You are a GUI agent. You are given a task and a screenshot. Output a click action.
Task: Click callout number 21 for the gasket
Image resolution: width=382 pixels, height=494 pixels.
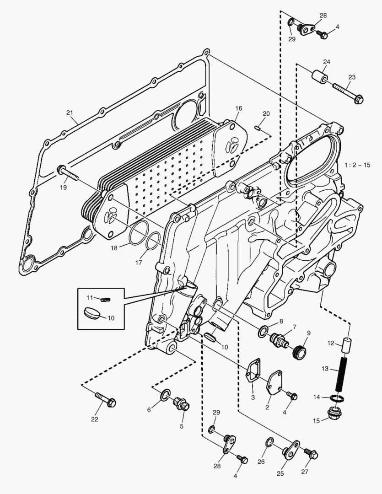click(70, 113)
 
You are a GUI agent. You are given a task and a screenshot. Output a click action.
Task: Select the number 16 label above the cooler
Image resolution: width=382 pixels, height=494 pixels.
click(238, 108)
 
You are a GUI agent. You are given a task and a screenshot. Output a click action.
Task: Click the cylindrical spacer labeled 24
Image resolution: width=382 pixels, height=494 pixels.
click(319, 75)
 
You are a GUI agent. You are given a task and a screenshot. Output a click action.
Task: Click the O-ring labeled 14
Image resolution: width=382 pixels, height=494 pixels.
click(337, 398)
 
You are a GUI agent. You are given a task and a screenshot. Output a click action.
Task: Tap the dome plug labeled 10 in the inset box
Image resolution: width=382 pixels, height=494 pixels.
click(93, 313)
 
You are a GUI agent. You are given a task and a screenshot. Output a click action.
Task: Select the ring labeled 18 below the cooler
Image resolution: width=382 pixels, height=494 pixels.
click(137, 233)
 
